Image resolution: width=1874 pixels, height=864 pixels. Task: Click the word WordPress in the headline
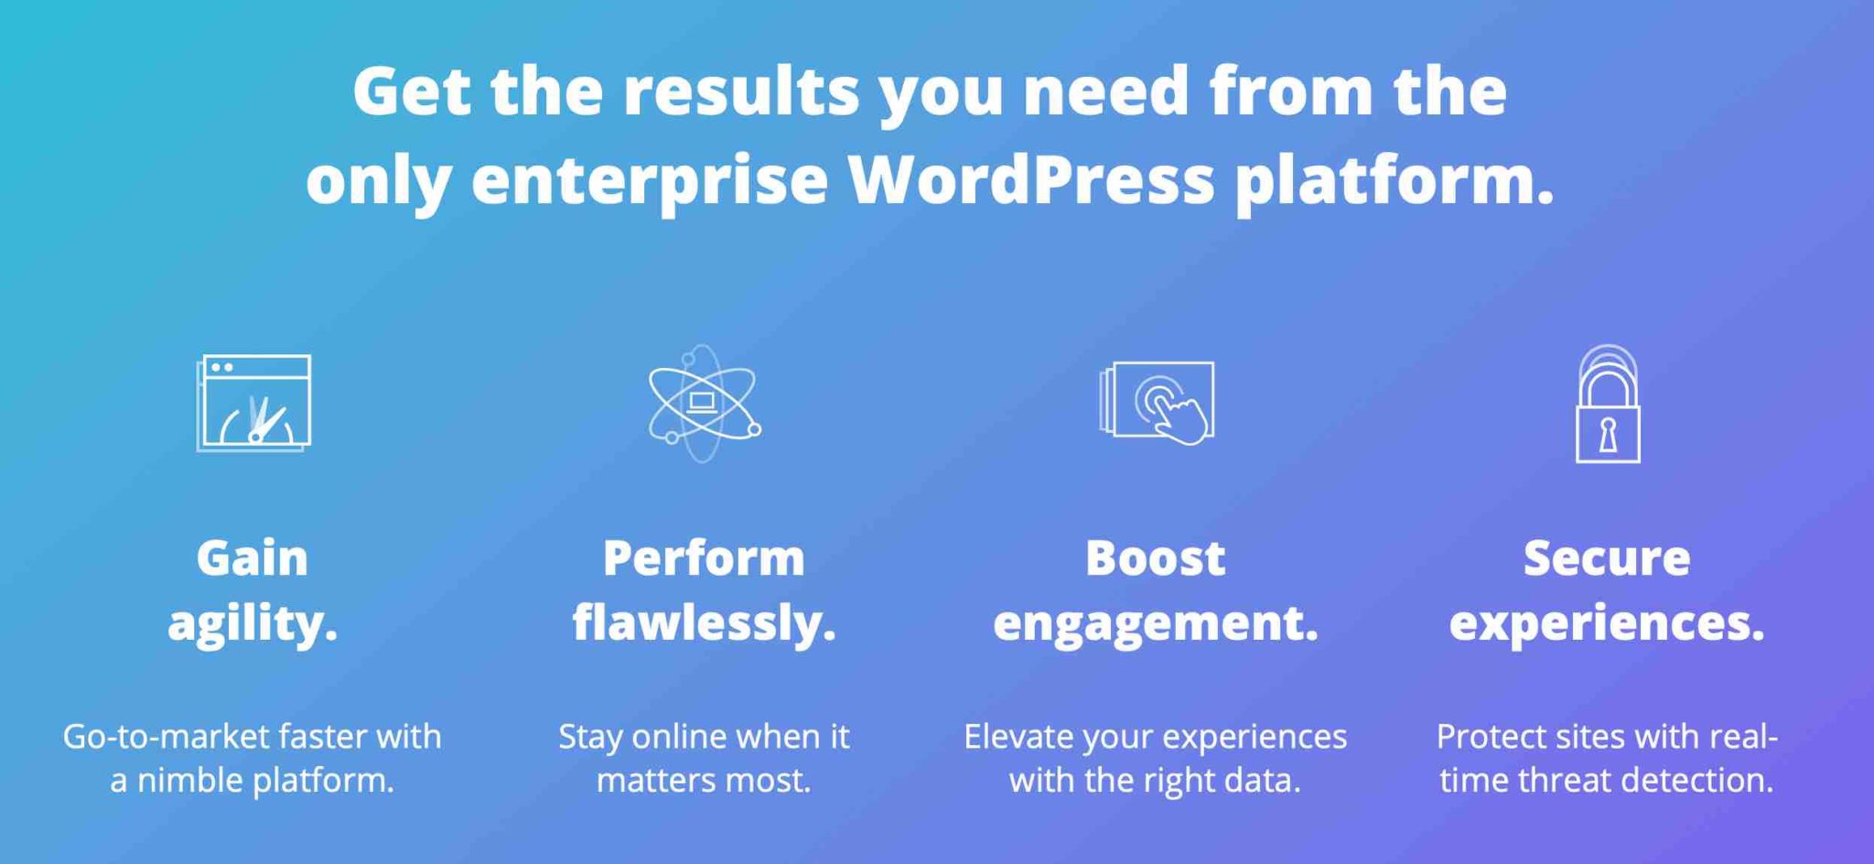click(x=1031, y=178)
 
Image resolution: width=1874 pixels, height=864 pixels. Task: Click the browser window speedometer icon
click(x=253, y=403)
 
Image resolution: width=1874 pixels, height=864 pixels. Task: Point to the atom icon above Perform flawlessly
click(x=703, y=403)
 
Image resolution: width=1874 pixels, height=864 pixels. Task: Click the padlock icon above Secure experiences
click(x=1608, y=404)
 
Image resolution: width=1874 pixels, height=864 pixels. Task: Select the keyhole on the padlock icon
click(x=1608, y=435)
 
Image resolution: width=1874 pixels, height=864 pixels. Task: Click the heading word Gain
click(x=253, y=557)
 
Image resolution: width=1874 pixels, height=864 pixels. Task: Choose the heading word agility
click(x=253, y=624)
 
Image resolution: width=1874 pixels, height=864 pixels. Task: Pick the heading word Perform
click(x=704, y=557)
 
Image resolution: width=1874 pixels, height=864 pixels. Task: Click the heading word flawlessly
click(x=704, y=624)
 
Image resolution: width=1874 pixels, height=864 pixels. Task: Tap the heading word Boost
click(x=1155, y=557)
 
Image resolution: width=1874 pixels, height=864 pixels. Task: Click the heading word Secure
click(x=1607, y=557)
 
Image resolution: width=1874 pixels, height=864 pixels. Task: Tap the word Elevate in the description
click(x=1018, y=736)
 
